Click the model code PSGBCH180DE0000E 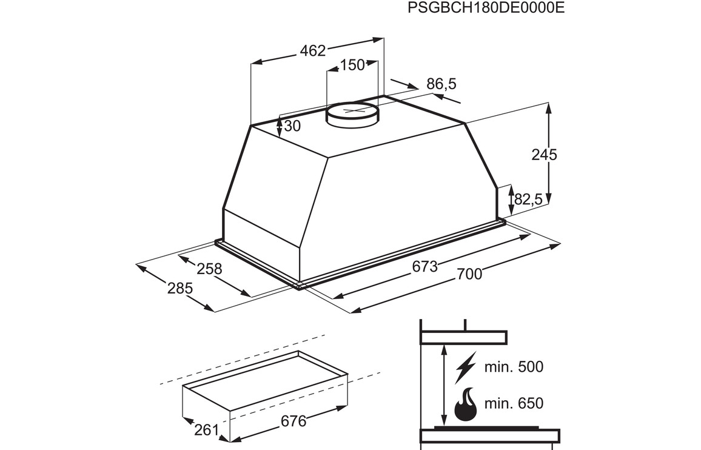486,8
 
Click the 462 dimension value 312,51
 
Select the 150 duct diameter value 352,65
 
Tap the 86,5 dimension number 441,84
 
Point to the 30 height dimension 292,126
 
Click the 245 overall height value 544,155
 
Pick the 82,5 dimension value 528,198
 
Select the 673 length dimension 424,267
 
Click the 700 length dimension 469,274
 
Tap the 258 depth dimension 209,269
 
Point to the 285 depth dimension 179,289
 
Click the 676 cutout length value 293,421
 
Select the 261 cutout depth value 206,431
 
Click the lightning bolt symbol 465,368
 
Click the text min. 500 514,368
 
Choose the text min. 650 514,403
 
